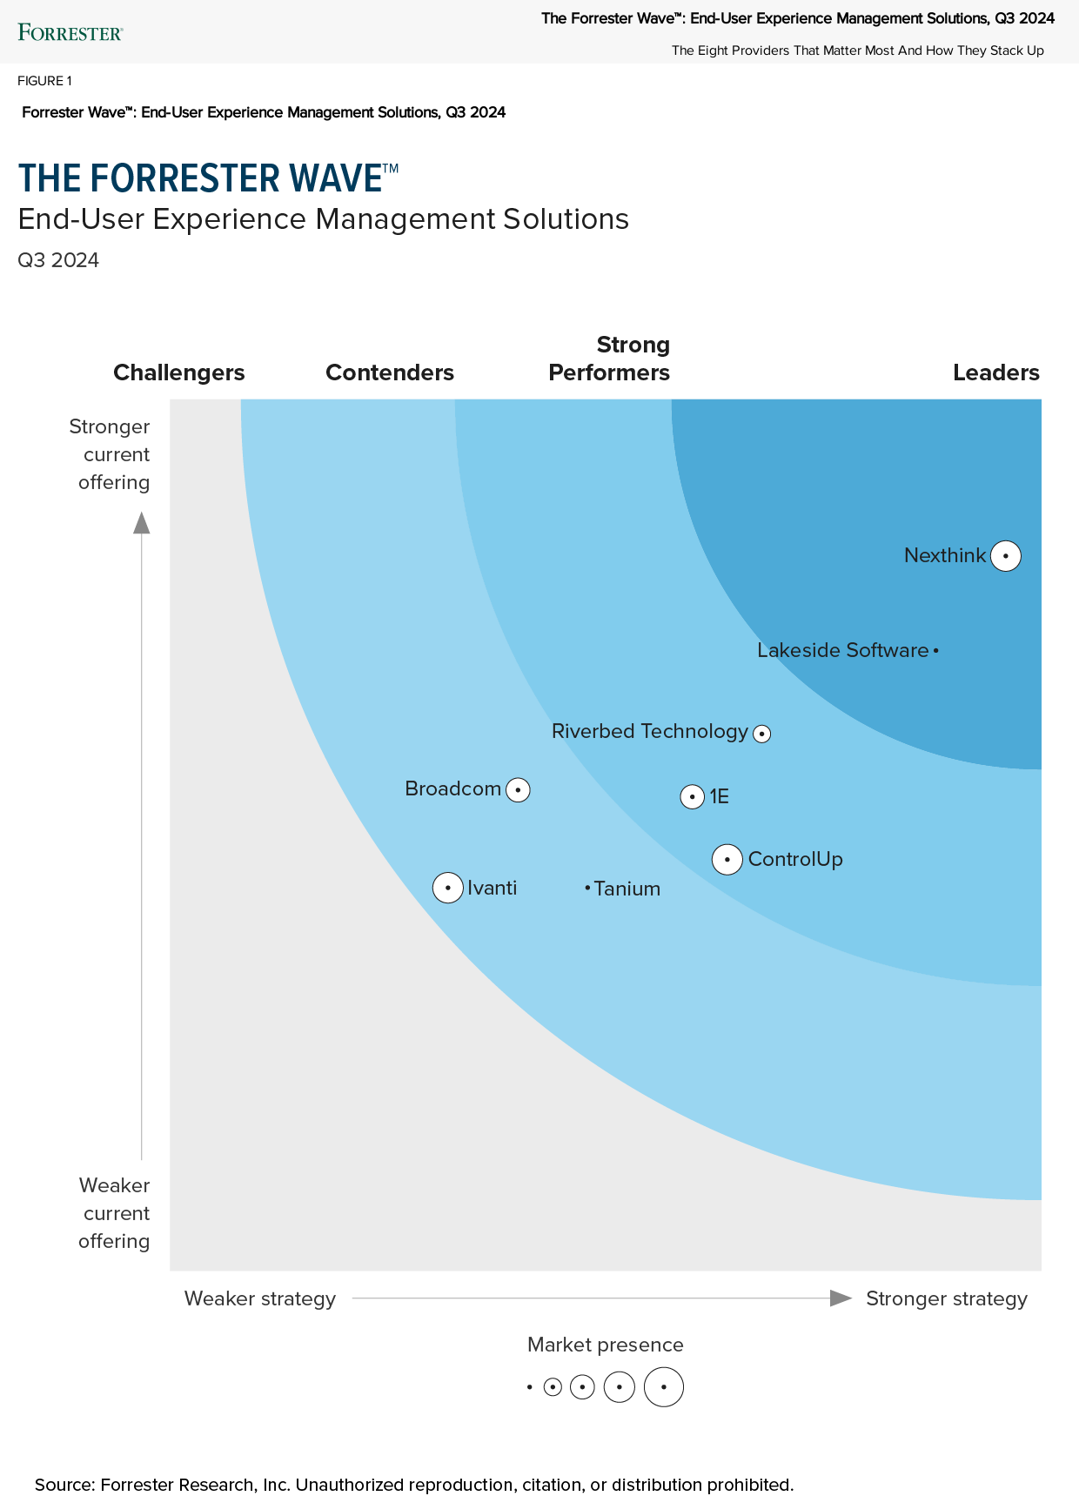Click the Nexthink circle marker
[x=1006, y=555]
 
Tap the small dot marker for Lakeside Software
[x=935, y=650]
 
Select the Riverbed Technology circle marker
[x=762, y=734]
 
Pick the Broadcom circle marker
[x=518, y=790]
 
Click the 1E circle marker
[x=692, y=796]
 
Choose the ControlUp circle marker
[x=727, y=860]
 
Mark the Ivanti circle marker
[x=448, y=888]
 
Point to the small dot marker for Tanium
[x=587, y=888]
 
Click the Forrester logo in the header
[x=70, y=33]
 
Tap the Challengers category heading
[x=179, y=372]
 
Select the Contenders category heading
[x=390, y=372]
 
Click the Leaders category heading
[x=995, y=372]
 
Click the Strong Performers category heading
[x=609, y=359]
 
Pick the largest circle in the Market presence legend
[x=664, y=1387]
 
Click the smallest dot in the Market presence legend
[x=529, y=1387]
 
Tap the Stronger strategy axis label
[x=947, y=1298]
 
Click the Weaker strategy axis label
[x=260, y=1298]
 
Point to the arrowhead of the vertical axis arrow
[x=141, y=522]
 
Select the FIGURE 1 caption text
[x=44, y=81]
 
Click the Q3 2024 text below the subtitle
[x=58, y=260]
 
